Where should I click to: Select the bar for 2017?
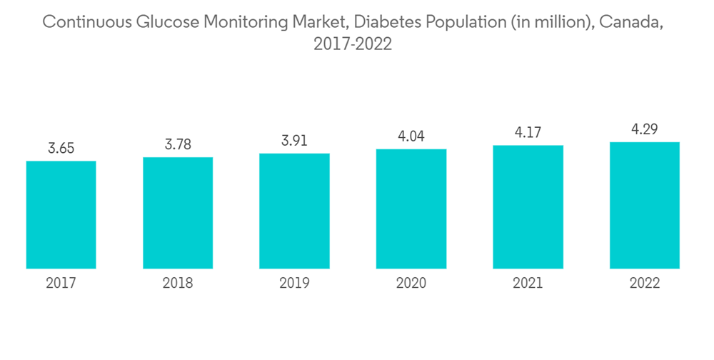coord(61,214)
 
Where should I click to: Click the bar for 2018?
coord(178,213)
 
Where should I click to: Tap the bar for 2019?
coord(294,211)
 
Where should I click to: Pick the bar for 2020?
coord(411,209)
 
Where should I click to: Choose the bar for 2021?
coord(528,207)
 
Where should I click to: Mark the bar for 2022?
coord(645,205)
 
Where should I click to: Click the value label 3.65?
coord(61,149)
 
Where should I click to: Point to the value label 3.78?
coord(178,145)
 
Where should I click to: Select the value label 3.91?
coord(294,141)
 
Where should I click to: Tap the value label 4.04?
coord(411,136)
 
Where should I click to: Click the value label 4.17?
coord(528,133)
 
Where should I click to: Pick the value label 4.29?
coord(645,129)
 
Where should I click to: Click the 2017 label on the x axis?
coord(61,284)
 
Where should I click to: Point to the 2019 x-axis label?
coord(294,284)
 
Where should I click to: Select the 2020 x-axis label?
coord(411,284)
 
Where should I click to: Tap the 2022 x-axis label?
coord(645,284)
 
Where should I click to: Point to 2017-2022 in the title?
coord(353,44)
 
